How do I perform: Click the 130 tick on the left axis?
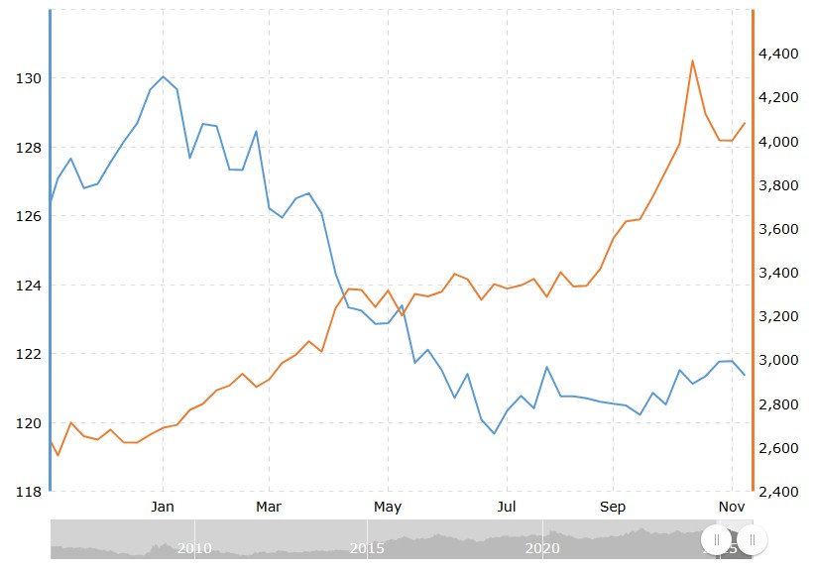point(27,78)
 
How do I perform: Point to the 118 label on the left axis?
point(27,492)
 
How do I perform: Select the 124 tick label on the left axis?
point(27,286)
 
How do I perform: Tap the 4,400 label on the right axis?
point(778,54)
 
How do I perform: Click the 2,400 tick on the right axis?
point(778,492)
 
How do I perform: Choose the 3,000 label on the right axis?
point(778,360)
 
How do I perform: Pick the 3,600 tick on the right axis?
point(778,229)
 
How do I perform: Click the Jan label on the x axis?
point(163,508)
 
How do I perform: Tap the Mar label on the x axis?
point(269,508)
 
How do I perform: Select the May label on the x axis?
point(388,508)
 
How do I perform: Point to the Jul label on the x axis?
point(507,508)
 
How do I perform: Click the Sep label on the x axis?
point(613,508)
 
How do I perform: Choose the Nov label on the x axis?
point(732,508)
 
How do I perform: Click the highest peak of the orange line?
point(692,60)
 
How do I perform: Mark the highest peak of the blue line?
point(163,76)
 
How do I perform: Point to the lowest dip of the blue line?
point(495,433)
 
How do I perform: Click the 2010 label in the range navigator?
point(194,548)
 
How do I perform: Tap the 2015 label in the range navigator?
point(368,548)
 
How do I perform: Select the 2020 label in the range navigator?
point(542,548)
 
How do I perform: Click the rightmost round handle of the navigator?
point(753,539)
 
